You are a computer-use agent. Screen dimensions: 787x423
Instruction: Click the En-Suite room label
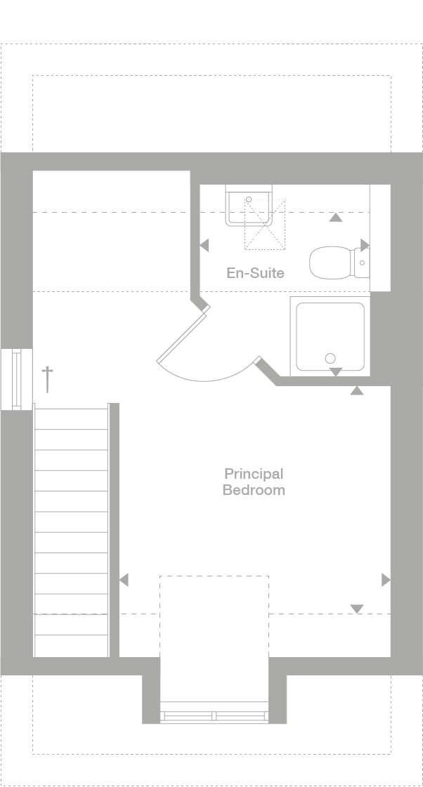255,272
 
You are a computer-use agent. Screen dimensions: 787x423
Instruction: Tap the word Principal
254,474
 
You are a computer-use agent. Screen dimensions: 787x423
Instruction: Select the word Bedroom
254,490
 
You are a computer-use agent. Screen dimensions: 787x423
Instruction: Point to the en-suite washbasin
248,205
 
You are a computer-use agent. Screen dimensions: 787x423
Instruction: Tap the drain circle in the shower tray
330,359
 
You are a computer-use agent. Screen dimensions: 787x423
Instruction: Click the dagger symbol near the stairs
48,378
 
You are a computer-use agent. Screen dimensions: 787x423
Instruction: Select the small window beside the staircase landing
16,378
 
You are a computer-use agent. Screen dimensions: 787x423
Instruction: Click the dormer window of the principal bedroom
214,716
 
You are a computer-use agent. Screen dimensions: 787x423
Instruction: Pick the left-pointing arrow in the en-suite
204,246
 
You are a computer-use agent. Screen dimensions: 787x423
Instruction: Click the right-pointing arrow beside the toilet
365,244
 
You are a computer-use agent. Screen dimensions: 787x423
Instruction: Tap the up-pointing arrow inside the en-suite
336,218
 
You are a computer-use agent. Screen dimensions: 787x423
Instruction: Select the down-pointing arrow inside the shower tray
336,371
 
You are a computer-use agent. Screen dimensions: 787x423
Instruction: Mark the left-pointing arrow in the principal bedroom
124,580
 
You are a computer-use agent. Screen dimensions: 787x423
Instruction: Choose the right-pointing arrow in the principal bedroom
385,580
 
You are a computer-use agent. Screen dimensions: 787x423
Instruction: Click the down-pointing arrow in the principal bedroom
357,609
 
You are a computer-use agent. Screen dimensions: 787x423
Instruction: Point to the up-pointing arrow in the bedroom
357,390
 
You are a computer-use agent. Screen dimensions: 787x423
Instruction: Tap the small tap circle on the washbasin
249,199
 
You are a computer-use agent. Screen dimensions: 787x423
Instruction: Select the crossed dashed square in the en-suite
266,223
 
